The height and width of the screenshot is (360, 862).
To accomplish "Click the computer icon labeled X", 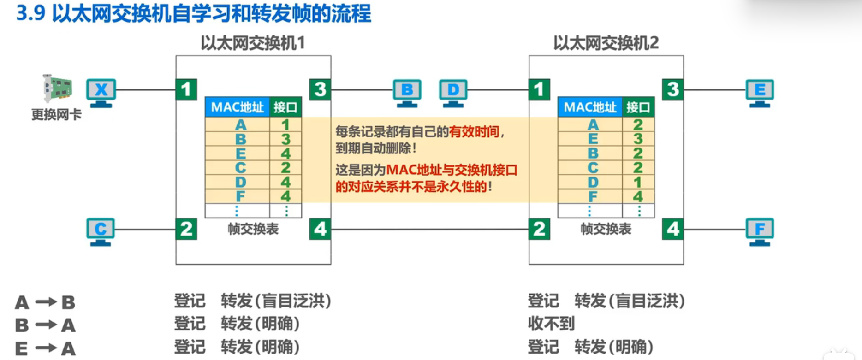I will click(101, 92).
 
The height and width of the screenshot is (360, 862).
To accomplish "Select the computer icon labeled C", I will click(101, 231).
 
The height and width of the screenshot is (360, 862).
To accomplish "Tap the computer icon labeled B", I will click(407, 92).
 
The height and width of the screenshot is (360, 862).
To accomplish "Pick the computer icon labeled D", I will click(453, 92).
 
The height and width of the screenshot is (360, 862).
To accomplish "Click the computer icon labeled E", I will click(760, 92).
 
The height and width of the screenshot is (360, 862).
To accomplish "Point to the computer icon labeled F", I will click(760, 231).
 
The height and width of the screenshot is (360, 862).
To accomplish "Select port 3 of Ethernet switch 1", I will click(320, 89).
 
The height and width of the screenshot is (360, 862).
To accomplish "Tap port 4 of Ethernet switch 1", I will click(320, 229).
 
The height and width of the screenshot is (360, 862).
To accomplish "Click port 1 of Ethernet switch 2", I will click(539, 89).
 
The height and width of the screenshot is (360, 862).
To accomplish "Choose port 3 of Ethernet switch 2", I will click(673, 89).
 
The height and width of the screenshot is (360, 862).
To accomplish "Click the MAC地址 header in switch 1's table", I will click(237, 107).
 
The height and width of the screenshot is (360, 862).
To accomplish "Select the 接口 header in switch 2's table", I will click(638, 107).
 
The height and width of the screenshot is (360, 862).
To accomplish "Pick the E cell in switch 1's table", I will click(240, 153).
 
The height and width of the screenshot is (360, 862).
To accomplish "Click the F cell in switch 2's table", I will click(593, 197).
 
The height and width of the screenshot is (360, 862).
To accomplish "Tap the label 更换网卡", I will click(56, 115).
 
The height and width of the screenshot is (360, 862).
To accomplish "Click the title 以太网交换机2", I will click(606, 43).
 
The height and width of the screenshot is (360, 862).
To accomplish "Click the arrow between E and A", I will click(46, 348).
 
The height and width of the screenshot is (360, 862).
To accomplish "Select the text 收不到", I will click(551, 324).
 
